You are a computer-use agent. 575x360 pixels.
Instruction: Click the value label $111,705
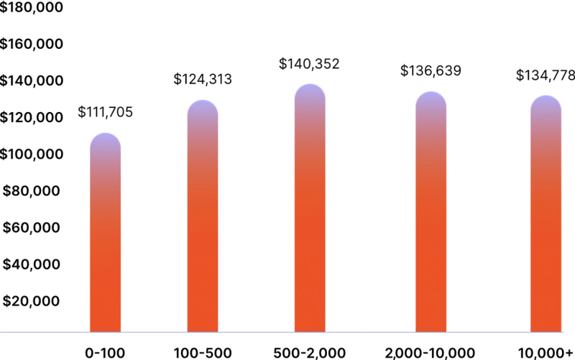coord(105,113)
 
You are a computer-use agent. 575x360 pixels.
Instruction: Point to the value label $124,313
coord(203,80)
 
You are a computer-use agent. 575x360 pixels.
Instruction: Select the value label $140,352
coord(309,64)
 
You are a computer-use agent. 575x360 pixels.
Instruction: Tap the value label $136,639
coord(431,71)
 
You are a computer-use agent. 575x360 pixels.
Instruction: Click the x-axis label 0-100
coord(106,353)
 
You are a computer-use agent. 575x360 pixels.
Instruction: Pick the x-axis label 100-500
coord(203,353)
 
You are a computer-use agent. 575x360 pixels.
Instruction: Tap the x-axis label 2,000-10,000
coord(431,353)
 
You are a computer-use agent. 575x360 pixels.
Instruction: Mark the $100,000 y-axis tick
coord(32,154)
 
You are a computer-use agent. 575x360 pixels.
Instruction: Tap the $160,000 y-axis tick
coord(32,45)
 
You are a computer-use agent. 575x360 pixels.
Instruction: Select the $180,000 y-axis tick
coord(32,8)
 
